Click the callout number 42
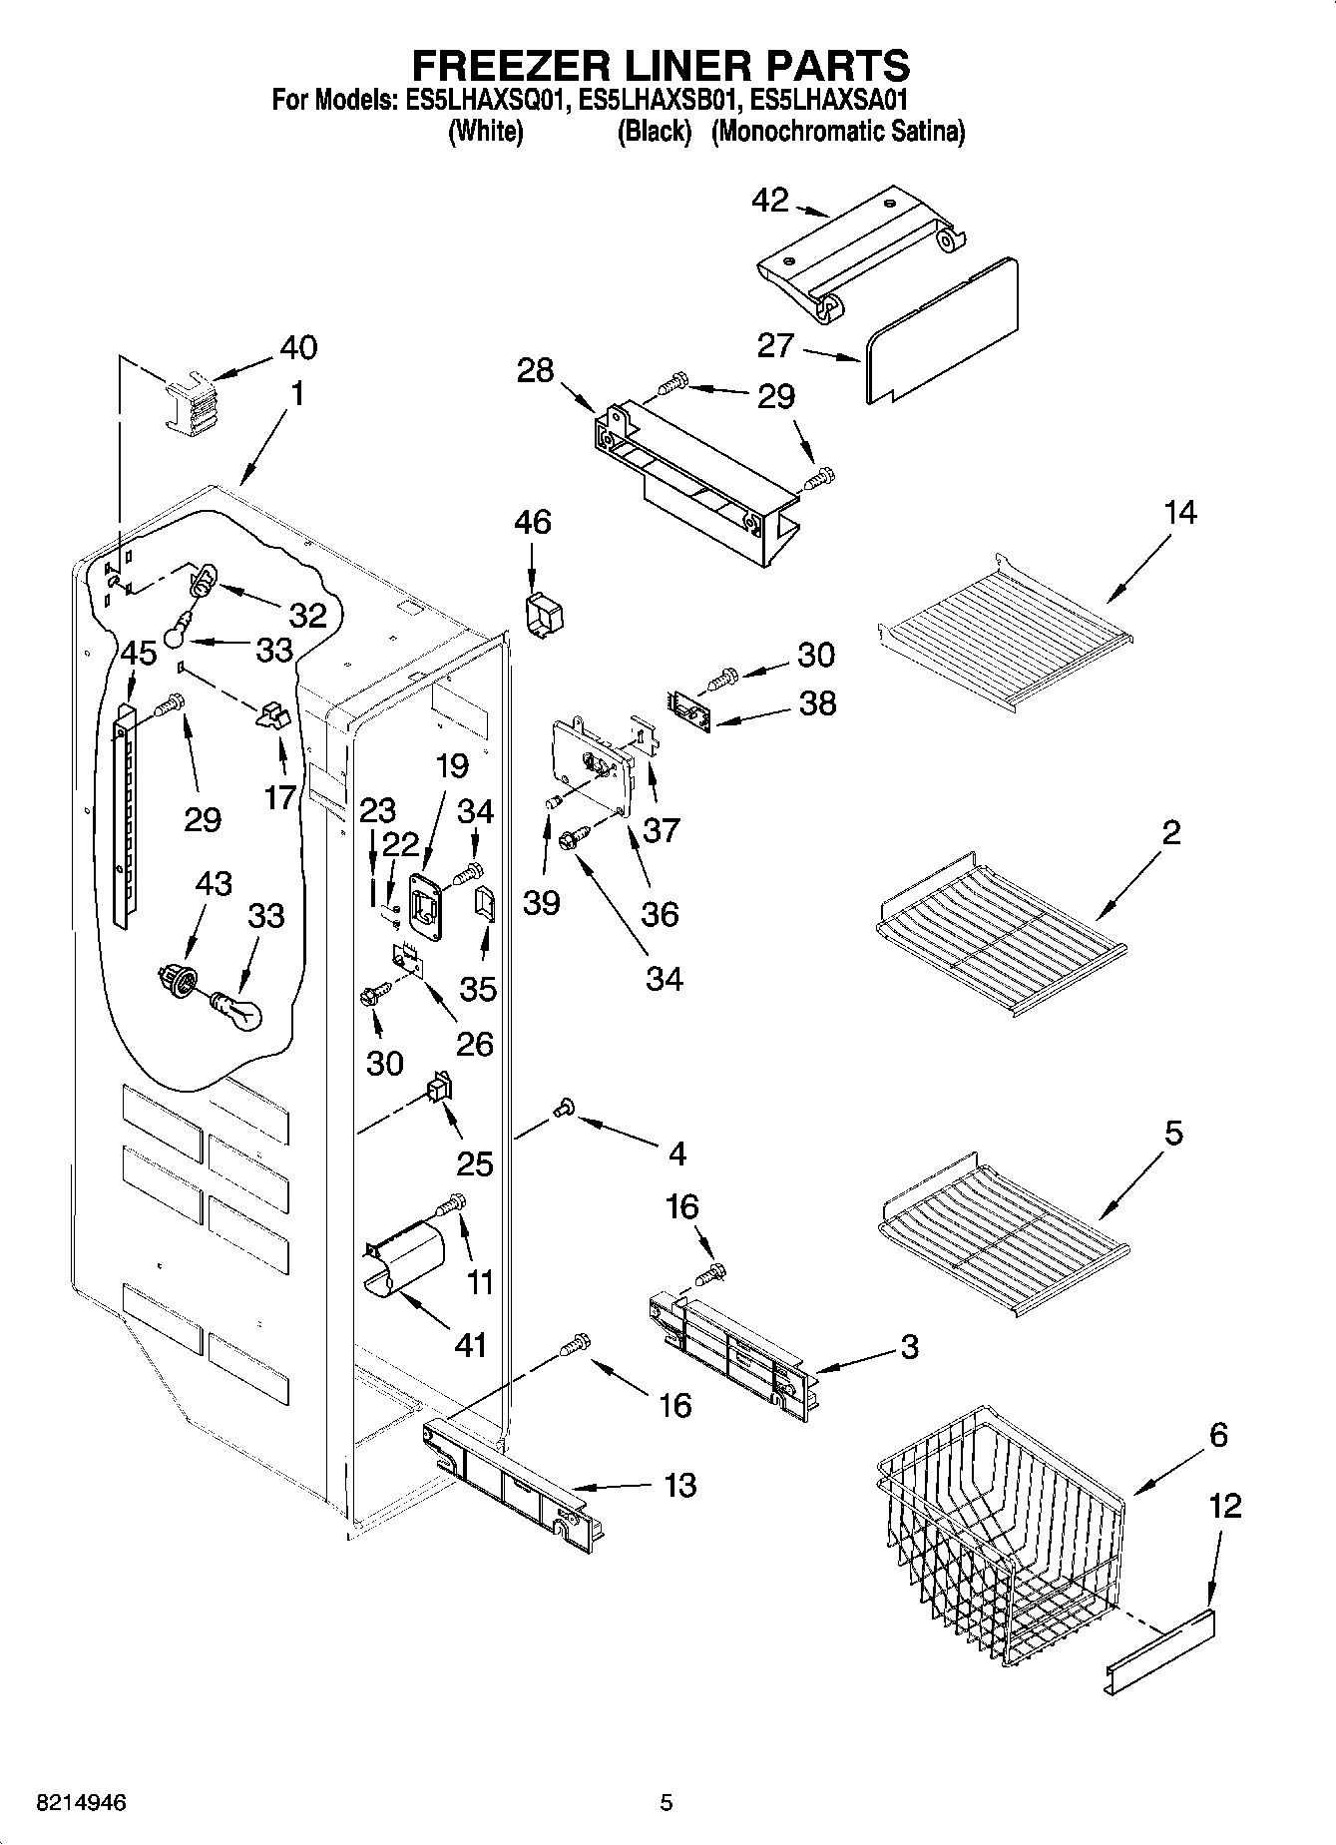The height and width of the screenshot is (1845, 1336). click(x=769, y=201)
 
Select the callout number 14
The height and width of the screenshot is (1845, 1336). click(x=1179, y=513)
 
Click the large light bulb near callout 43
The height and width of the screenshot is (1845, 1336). click(x=237, y=1009)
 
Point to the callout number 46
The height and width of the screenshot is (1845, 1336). click(x=533, y=522)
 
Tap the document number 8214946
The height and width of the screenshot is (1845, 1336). click(x=81, y=1802)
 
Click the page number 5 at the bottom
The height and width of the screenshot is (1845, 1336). click(x=667, y=1802)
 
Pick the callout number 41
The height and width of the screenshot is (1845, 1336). click(x=470, y=1344)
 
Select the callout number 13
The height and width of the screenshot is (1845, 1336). click(x=679, y=1486)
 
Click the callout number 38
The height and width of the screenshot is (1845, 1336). click(x=818, y=703)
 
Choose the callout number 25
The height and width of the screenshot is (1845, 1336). click(x=475, y=1163)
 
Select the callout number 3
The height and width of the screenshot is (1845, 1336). click(x=909, y=1346)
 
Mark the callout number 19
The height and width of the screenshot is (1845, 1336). click(x=452, y=766)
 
